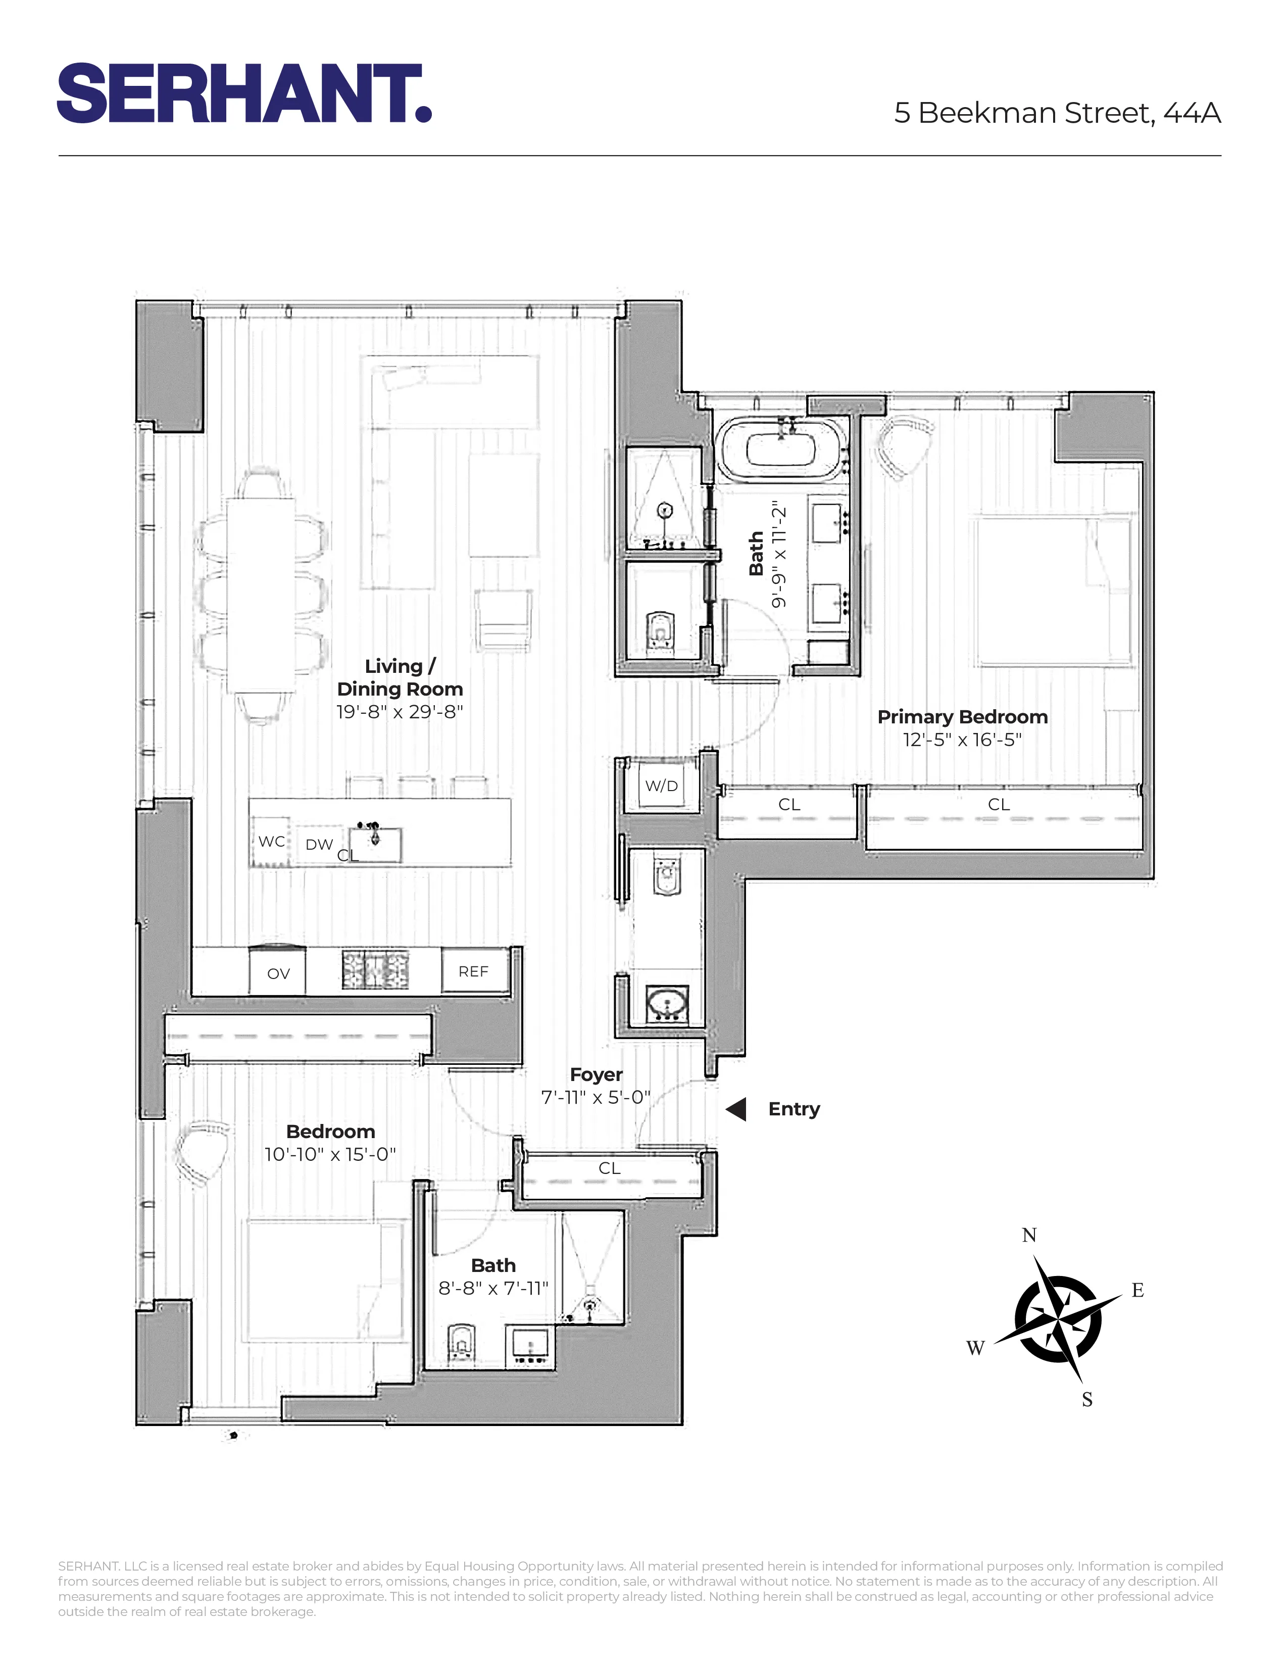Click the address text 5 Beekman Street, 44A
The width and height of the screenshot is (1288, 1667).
(1057, 113)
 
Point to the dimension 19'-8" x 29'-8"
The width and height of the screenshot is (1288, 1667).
(400, 711)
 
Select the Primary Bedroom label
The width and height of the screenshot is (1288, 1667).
(962, 717)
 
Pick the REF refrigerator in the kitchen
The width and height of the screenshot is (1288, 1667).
(474, 971)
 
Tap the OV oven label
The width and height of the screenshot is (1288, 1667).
(278, 973)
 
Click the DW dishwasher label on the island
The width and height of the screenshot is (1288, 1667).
(319, 844)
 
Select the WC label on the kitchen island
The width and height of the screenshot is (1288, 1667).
(272, 841)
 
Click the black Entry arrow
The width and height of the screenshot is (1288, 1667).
(736, 1109)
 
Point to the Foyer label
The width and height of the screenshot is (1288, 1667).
(596, 1074)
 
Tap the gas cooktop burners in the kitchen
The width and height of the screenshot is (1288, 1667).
(375, 970)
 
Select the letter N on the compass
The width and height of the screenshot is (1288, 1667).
(1028, 1235)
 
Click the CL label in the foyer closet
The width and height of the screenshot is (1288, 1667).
(609, 1168)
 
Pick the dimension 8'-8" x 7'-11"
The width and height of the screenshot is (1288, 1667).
(493, 1289)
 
